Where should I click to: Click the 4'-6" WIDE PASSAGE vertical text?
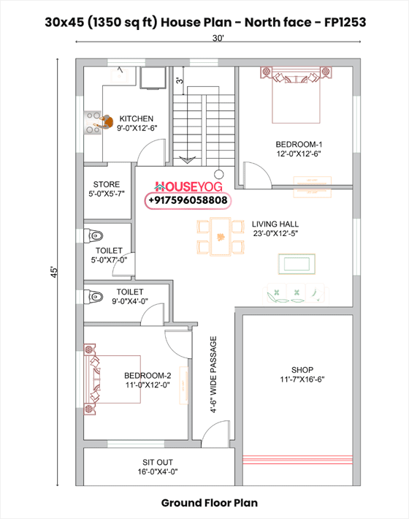point(214,374)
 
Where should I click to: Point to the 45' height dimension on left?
point(53,272)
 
